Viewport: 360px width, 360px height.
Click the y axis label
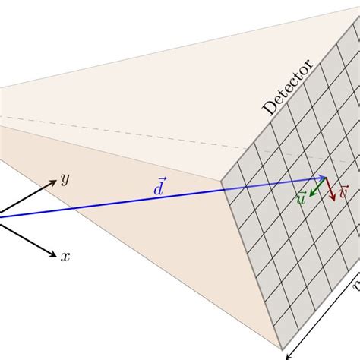tap(65, 180)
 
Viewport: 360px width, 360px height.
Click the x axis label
tap(65, 257)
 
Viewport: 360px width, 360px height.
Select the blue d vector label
tap(157, 186)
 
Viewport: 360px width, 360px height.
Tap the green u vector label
tap(302, 199)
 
